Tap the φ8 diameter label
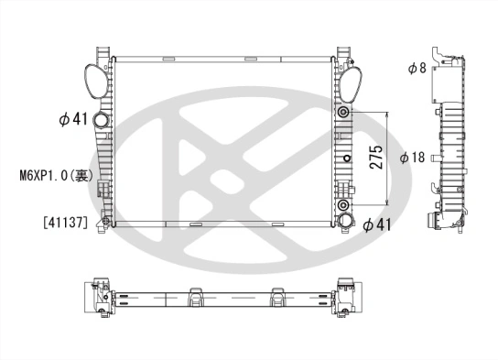coord(417,68)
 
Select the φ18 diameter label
coord(412,158)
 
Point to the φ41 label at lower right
coord(378,224)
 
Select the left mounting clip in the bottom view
coord(195,297)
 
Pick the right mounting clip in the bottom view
coord(276,297)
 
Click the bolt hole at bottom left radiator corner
coord(107,223)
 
